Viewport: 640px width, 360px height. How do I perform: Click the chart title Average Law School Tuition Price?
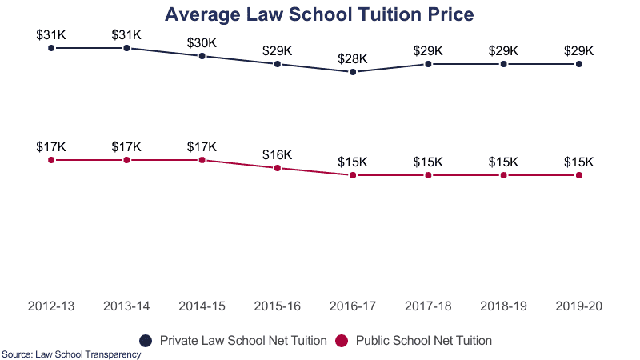319,14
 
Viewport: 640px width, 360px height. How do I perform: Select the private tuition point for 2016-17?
353,72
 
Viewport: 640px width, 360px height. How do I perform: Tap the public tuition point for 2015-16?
278,168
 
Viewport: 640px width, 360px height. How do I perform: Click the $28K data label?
353,58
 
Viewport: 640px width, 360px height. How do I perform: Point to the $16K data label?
278,154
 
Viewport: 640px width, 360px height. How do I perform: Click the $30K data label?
202,42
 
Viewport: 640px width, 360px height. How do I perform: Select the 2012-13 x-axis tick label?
51,306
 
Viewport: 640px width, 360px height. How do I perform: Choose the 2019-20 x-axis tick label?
578,306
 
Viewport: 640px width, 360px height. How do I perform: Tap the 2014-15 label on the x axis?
202,306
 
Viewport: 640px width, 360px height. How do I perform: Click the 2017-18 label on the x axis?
428,306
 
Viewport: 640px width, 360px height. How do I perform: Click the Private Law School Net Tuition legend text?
243,340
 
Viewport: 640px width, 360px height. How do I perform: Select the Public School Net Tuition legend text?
423,340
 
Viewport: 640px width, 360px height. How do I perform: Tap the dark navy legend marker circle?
146,340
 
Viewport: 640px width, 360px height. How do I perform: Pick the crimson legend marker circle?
342,340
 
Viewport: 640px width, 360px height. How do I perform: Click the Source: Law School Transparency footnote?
71,354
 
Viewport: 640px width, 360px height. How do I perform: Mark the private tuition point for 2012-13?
51,48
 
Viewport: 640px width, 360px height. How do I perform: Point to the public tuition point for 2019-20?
578,175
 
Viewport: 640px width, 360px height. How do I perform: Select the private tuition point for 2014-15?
202,56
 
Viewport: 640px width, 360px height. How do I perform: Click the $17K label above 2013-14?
126,146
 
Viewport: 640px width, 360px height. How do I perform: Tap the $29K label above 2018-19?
503,50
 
